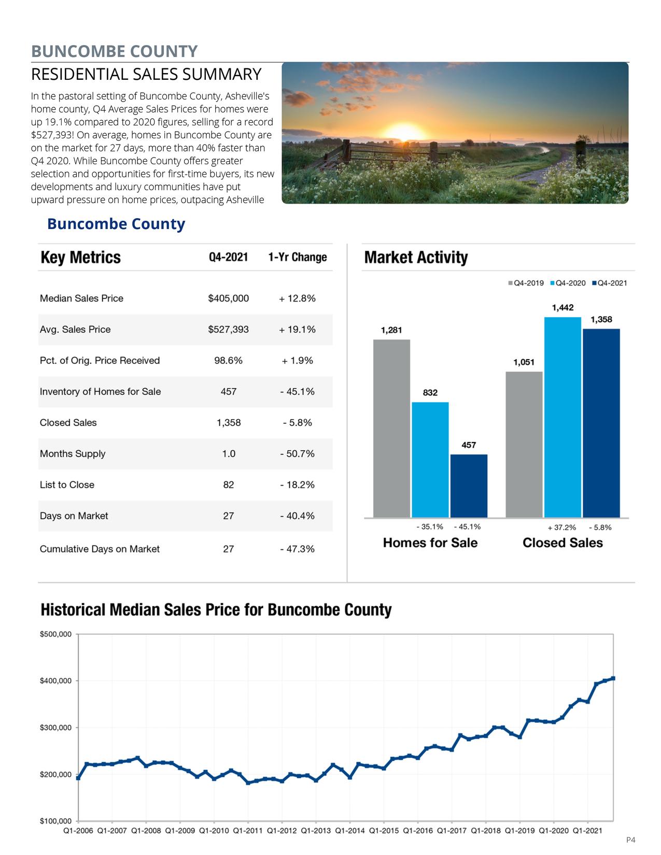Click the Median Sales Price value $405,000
pos(228,298)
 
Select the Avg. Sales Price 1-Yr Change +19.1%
pos(297,330)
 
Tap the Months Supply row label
pos(73,454)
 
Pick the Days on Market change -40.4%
pos(297,516)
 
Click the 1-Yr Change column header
pos(298,258)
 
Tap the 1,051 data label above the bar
pos(524,362)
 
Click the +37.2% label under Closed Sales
pos(561,528)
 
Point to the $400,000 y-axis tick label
pos(55,681)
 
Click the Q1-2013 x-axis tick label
pos(315,831)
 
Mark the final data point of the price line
pos(613,678)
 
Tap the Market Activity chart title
pos(416,258)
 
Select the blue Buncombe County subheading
pos(116,224)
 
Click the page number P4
pos(630,840)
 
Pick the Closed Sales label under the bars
pos(562,543)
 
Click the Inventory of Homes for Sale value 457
pos(228,392)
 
